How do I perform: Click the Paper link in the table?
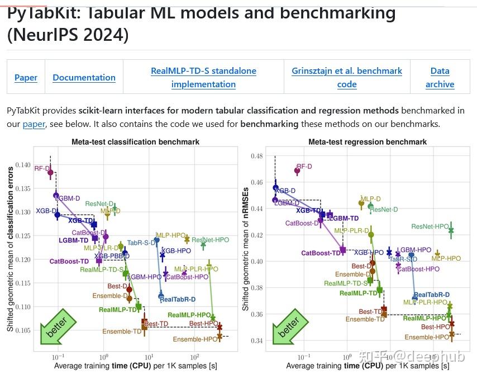point(26,78)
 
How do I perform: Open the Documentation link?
point(84,78)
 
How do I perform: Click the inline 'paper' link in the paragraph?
point(34,124)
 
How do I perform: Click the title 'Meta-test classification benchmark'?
point(135,142)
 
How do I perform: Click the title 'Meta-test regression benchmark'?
point(368,142)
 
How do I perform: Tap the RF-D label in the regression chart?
point(304,167)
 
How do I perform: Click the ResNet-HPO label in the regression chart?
point(430,226)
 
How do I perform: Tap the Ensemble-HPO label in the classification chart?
point(195,339)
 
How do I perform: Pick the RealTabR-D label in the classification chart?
point(178,300)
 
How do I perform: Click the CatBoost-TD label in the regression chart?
point(321,253)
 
